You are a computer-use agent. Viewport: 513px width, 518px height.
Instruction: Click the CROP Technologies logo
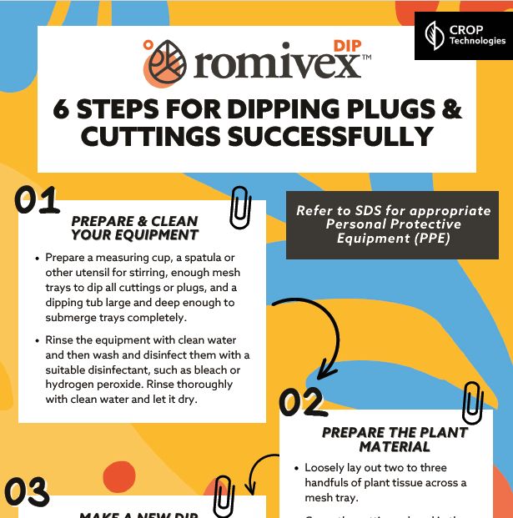(x=464, y=36)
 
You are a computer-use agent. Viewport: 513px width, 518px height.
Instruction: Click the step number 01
(x=38, y=203)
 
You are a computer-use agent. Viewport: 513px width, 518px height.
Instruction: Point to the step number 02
(x=301, y=403)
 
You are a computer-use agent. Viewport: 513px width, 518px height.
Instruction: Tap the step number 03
(x=28, y=493)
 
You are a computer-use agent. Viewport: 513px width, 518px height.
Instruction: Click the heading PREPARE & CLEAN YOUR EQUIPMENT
(x=134, y=228)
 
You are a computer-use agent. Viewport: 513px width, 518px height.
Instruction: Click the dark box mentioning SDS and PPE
(x=393, y=224)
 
